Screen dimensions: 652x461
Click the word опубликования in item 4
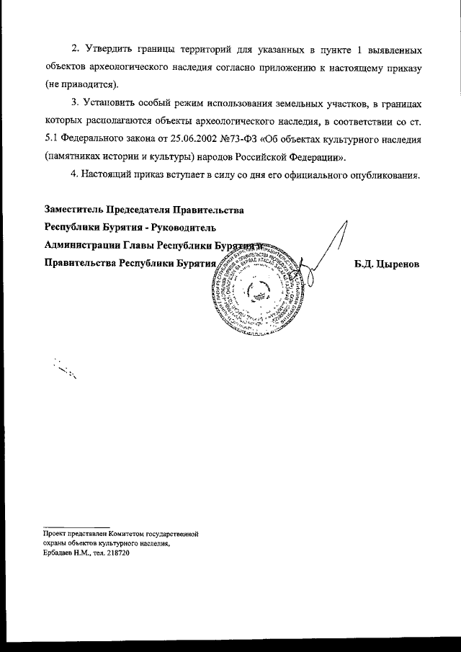(385, 176)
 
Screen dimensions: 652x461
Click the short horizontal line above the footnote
(76, 526)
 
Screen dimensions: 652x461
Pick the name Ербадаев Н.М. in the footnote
(63, 555)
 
